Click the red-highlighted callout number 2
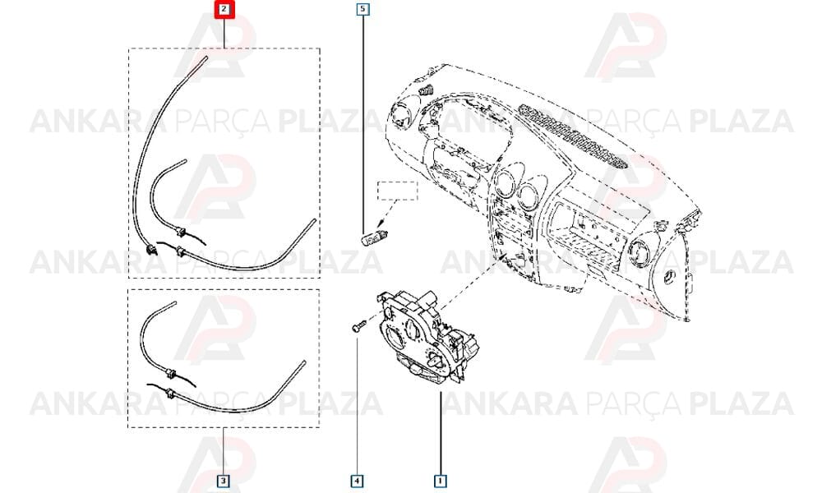224,9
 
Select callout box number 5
363,9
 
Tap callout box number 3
223,481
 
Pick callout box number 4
357,481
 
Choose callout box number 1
440,481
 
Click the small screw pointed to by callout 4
358,326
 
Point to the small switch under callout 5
374,237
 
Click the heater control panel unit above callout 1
427,338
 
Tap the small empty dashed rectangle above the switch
398,191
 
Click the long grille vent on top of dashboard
572,136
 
